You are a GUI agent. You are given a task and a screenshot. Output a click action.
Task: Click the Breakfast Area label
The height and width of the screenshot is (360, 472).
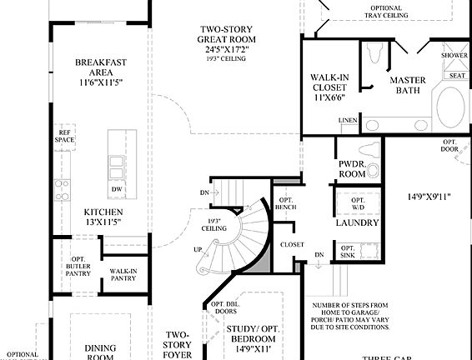(100, 67)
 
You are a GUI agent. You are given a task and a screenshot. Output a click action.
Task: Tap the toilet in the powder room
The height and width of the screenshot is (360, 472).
(374, 171)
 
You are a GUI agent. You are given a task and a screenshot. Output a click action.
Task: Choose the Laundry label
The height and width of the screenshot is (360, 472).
(358, 223)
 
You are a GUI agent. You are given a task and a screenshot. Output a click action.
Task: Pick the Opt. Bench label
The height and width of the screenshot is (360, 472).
(285, 205)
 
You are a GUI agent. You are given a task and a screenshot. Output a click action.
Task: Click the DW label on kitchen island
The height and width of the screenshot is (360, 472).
(118, 189)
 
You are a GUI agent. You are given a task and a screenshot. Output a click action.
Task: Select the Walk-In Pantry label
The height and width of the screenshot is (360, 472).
(122, 274)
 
